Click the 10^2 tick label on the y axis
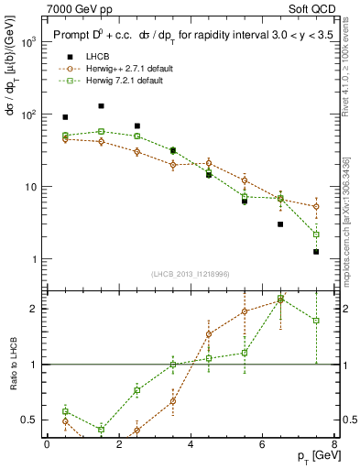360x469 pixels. pos(28,115)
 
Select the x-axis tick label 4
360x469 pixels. pos(191,444)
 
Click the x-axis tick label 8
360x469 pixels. pos(334,444)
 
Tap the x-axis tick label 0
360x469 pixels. pos(47,444)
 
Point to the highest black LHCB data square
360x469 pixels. pos(101,106)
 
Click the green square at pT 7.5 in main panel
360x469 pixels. pos(316,234)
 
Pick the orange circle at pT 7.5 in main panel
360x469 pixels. pos(316,207)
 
